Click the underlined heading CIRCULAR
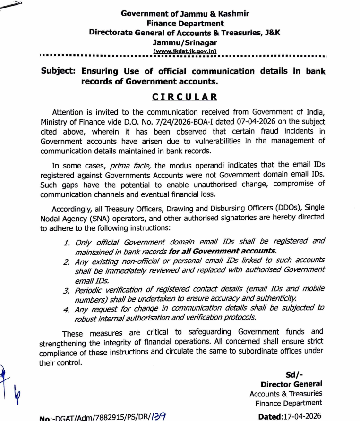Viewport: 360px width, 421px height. (x=185, y=97)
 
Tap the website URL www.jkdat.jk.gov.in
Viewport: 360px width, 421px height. (x=185, y=51)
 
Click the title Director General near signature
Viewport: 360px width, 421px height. (x=291, y=384)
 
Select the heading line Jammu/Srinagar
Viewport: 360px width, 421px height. (x=185, y=42)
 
